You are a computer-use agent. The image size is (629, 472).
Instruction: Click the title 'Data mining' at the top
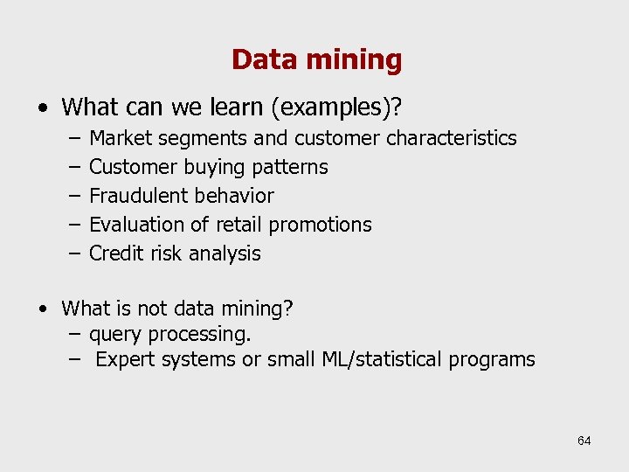316,60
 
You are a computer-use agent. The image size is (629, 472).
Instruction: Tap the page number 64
584,441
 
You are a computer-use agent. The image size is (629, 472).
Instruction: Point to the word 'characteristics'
451,138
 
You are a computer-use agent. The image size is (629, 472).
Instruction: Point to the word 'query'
116,335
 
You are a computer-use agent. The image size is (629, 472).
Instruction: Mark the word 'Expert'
124,359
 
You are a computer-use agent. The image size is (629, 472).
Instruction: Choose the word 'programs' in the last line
492,360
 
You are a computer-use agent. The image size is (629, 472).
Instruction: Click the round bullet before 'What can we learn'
43,108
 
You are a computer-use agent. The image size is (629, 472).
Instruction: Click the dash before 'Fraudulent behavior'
72,196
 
